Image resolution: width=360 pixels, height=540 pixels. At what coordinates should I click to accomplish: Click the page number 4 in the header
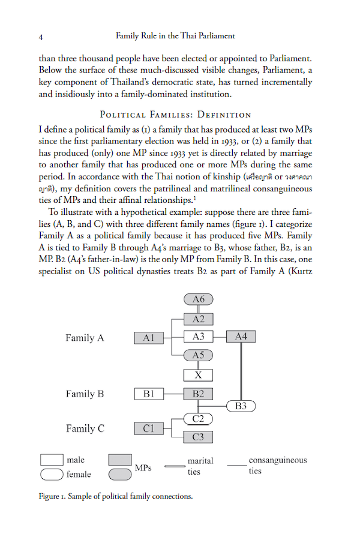tap(41, 37)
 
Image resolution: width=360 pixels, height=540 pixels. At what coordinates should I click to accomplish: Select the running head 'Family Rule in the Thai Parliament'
tap(184, 37)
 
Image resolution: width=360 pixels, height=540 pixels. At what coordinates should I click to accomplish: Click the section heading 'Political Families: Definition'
tap(175, 114)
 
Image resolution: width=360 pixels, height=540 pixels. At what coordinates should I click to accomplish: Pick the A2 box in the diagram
tap(198, 319)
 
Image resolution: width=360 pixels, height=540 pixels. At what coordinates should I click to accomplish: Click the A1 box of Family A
tap(149, 338)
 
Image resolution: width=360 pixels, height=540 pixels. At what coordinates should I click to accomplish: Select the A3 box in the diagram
tap(198, 337)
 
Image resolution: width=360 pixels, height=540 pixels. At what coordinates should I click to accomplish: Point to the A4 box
tap(241, 337)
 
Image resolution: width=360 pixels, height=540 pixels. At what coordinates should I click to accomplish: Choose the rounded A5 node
tap(198, 356)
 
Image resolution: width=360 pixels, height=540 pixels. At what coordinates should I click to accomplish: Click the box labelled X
tap(198, 375)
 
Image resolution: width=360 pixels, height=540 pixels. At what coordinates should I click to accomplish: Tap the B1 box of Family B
tap(149, 394)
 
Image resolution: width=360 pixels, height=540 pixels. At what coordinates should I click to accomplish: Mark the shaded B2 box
tap(198, 394)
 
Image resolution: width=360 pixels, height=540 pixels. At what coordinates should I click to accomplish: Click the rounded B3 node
tap(241, 406)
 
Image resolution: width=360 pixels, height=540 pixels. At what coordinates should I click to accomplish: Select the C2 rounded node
tap(198, 418)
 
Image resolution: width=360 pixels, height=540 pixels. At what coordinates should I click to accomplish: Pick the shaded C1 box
tap(149, 428)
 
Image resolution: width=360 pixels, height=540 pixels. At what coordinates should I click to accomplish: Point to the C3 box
tap(198, 437)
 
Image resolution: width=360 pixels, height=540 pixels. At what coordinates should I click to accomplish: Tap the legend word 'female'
tap(79, 475)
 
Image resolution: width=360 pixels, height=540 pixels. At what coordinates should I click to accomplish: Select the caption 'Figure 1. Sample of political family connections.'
tap(116, 497)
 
